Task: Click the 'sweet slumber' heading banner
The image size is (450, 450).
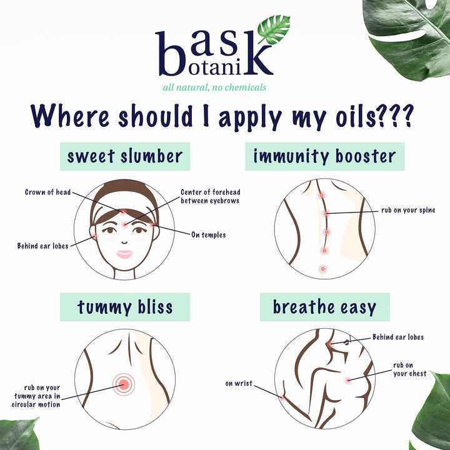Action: pyautogui.click(x=125, y=156)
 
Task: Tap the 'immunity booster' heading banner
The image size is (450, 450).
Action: pyautogui.click(x=324, y=156)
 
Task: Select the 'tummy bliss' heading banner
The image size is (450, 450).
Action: pyautogui.click(x=125, y=307)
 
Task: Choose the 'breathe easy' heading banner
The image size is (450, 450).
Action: pyautogui.click(x=324, y=307)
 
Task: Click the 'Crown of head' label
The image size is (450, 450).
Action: pyautogui.click(x=47, y=192)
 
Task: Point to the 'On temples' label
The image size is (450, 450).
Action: pyautogui.click(x=208, y=235)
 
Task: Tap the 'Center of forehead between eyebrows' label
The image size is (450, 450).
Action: pyautogui.click(x=211, y=196)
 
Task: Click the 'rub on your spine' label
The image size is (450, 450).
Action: pyautogui.click(x=408, y=211)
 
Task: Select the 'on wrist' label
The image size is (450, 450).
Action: pyautogui.click(x=239, y=383)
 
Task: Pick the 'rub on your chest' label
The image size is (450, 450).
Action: pyautogui.click(x=409, y=369)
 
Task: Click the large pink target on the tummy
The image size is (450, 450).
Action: pyautogui.click(x=124, y=384)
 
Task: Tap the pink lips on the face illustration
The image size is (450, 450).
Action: pyautogui.click(x=124, y=254)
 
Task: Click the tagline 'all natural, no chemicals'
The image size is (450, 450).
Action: pyautogui.click(x=214, y=87)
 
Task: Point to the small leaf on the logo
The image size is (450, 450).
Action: pyautogui.click(x=274, y=29)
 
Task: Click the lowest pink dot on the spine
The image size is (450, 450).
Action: pyautogui.click(x=323, y=269)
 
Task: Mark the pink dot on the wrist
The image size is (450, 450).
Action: pyautogui.click(x=282, y=397)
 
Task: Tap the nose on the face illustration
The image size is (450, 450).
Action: pyautogui.click(x=124, y=242)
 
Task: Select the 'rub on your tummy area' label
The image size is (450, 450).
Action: pyautogui.click(x=36, y=396)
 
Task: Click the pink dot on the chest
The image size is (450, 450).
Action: pyautogui.click(x=348, y=381)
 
